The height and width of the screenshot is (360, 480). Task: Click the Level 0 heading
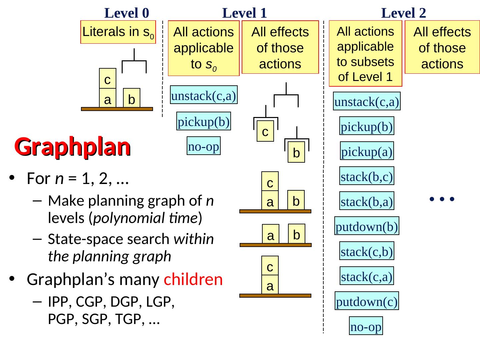[127, 13]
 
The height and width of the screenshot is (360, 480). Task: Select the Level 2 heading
[403, 13]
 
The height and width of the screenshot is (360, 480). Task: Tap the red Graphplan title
[72, 147]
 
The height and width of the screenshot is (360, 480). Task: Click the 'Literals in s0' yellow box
[118, 32]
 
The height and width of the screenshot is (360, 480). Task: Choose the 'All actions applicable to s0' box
[204, 48]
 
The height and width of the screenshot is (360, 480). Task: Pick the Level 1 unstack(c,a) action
[204, 95]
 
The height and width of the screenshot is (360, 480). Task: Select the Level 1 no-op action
[204, 146]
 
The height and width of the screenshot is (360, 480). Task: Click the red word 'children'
[193, 279]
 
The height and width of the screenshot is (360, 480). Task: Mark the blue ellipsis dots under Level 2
[442, 199]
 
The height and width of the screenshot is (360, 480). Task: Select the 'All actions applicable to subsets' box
[366, 54]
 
